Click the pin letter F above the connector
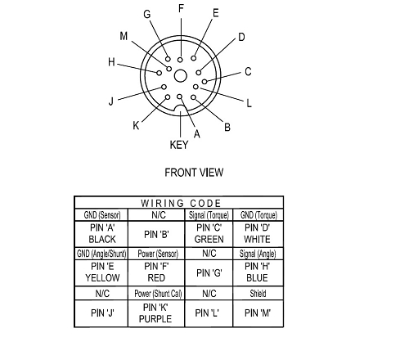pyautogui.click(x=181, y=9)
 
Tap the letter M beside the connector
pyautogui.click(x=124, y=36)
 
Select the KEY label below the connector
pyautogui.click(x=179, y=145)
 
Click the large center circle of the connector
pyautogui.click(x=180, y=76)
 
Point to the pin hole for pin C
pyautogui.click(x=204, y=81)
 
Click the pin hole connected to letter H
pyautogui.click(x=160, y=73)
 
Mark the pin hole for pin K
pyautogui.click(x=168, y=97)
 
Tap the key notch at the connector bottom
pyautogui.click(x=180, y=108)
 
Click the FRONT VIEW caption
pyautogui.click(x=194, y=173)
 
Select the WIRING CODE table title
pyautogui.click(x=181, y=203)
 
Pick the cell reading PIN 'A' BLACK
pyautogui.click(x=102, y=233)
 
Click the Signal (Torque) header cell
pyautogui.click(x=209, y=215)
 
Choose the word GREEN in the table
pyautogui.click(x=209, y=239)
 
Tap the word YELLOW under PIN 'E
pyautogui.click(x=102, y=278)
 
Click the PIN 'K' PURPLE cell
pyautogui.click(x=156, y=313)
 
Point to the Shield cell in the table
pyautogui.click(x=258, y=294)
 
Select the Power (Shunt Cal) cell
pyautogui.click(x=158, y=294)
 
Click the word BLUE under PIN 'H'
pyautogui.click(x=257, y=278)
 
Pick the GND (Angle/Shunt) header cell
pyautogui.click(x=101, y=254)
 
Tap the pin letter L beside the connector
pyautogui.click(x=249, y=103)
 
